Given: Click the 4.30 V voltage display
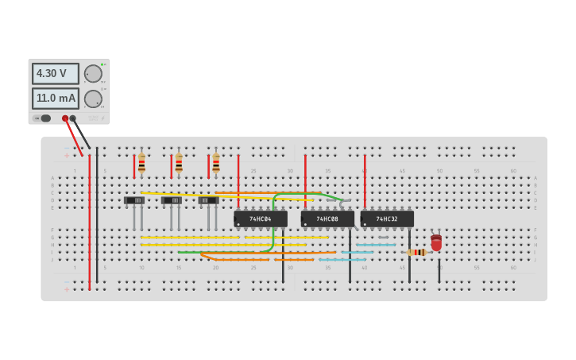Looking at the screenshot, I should pos(55,74).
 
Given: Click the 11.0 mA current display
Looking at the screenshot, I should pos(55,99).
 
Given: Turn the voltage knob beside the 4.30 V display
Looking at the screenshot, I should pos(93,74).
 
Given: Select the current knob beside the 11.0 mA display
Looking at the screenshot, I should pos(93,99).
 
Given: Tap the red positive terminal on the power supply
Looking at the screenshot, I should pos(65,118).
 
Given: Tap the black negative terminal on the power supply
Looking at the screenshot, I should pos(73,118).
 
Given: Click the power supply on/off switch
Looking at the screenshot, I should pos(43,118).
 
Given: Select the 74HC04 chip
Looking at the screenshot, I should pos(261,219).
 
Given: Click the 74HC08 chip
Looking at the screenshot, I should pos(327,219).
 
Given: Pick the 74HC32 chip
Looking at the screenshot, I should pos(387,219).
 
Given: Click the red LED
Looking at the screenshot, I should pos(436,243).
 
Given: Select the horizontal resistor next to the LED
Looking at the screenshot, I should pos(417,253).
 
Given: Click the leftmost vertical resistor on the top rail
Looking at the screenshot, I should pos(141,164).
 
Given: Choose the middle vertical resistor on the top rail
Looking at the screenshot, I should pos(179,164).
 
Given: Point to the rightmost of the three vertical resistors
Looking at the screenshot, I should pos(216,164).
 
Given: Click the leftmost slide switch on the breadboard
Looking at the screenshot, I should pos(134,200).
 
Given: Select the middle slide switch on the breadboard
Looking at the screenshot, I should pos(172,200).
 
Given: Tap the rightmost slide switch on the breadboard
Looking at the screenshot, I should pos(208,200).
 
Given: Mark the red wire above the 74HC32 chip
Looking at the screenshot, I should pos(365,179).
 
